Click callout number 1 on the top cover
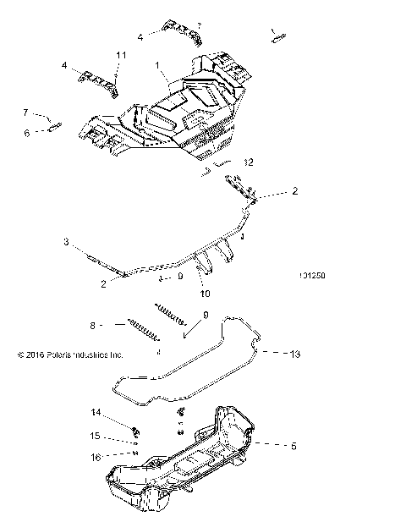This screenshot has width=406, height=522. (x=156, y=65)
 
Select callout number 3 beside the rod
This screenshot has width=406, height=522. (x=66, y=242)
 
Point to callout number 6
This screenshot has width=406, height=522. (x=26, y=133)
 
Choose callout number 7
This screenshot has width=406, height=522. (x=26, y=113)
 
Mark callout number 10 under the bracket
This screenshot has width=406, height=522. (x=204, y=294)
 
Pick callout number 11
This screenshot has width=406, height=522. (x=121, y=55)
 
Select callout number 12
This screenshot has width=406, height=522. (x=248, y=162)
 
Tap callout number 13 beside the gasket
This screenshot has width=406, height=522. (x=271, y=354)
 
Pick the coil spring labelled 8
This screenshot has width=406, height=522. (x=144, y=331)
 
